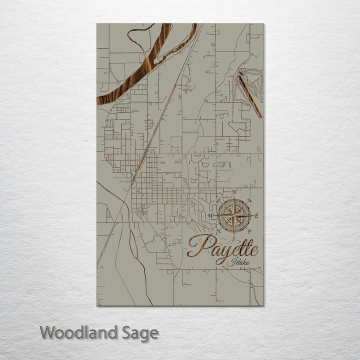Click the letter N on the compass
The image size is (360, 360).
[x=234, y=191]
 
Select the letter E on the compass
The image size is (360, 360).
[x=256, y=216]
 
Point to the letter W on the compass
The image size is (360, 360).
[x=210, y=216]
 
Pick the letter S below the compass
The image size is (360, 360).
[x=233, y=238]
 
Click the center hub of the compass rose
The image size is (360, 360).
[x=234, y=215]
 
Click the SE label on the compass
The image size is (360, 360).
[x=250, y=232]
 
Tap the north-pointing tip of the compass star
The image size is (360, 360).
[x=234, y=199]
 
